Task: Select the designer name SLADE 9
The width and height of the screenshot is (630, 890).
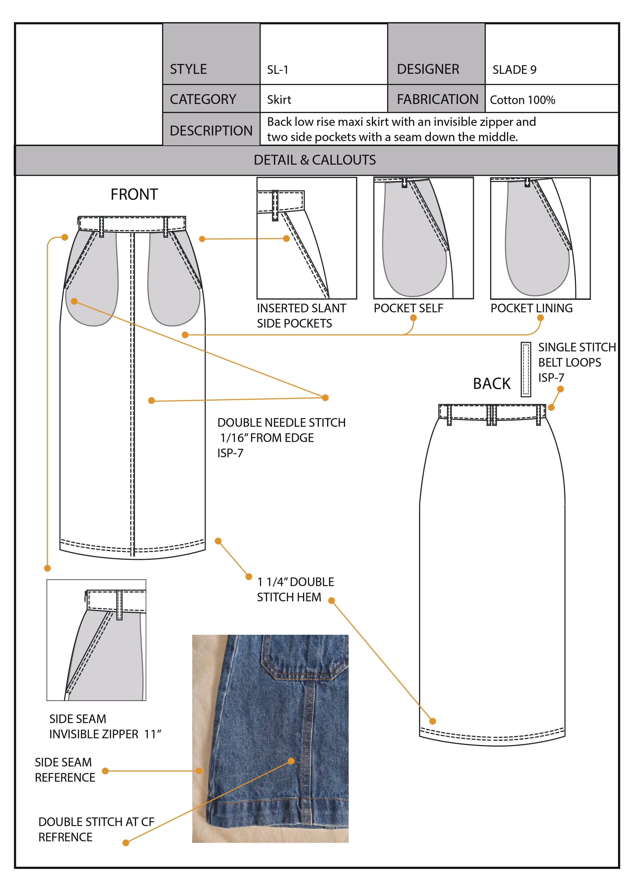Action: [514, 70]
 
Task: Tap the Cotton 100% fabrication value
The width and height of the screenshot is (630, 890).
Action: [523, 100]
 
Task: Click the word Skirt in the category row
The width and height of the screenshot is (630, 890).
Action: [279, 100]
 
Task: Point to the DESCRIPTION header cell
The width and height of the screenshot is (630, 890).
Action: [211, 129]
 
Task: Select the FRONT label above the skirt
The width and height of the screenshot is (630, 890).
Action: [134, 194]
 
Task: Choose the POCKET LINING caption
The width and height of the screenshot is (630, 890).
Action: [531, 308]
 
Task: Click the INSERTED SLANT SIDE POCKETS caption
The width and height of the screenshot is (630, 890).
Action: [301, 316]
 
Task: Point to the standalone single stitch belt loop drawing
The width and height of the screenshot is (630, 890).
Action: [526, 369]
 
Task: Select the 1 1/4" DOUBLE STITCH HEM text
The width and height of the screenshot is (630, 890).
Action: [295, 589]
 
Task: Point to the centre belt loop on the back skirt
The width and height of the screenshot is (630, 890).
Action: [492, 415]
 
